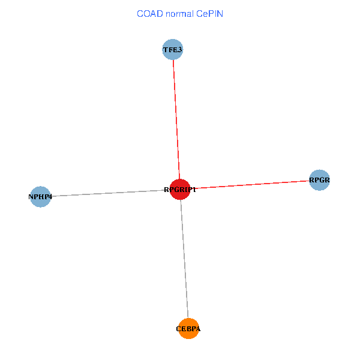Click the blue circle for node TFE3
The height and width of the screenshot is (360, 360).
point(172,49)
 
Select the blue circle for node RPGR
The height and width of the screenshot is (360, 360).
point(320,180)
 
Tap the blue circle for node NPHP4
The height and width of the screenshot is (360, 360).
point(40,197)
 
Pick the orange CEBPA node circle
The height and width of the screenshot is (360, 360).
point(188,328)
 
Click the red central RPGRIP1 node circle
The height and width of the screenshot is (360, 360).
point(179,190)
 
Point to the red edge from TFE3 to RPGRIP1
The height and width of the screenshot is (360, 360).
point(176,120)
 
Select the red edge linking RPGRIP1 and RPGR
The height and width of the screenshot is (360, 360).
point(252,184)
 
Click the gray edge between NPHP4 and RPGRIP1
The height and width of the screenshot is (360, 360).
point(108,193)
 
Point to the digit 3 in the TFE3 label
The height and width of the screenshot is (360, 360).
point(179,49)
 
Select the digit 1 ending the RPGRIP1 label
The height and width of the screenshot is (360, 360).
point(194,190)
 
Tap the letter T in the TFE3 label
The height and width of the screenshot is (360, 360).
point(166,49)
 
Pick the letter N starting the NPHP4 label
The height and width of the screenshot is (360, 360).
point(31,197)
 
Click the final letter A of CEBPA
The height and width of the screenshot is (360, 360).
point(198,329)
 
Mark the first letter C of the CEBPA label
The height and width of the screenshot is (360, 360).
point(179,329)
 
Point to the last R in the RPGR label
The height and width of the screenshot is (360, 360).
point(328,180)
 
